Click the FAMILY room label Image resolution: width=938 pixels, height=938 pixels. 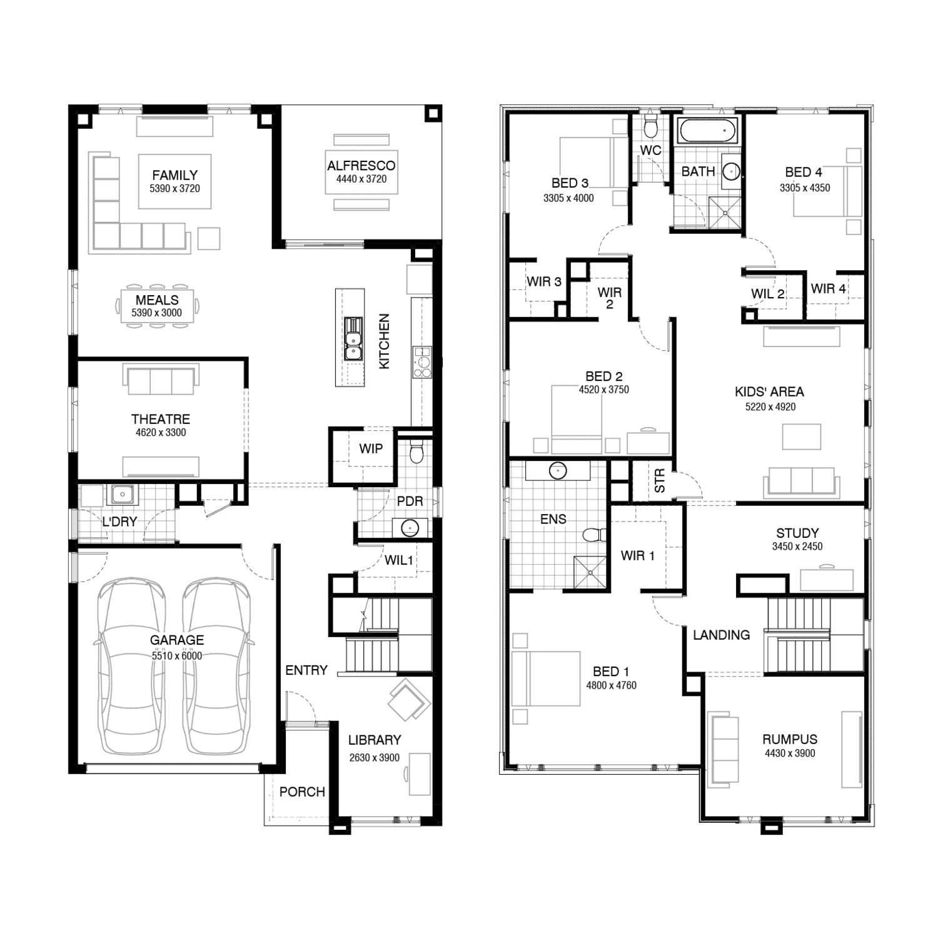[174, 175]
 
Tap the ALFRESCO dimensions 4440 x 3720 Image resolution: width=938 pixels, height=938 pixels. [361, 179]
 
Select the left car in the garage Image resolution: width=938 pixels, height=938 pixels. [131, 666]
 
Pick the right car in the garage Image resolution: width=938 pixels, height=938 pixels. [218, 666]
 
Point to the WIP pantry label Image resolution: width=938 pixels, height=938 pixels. [371, 448]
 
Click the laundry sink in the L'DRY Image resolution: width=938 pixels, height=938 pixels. [123, 495]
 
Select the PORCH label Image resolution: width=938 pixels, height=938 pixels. [302, 792]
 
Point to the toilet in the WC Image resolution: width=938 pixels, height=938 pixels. [651, 127]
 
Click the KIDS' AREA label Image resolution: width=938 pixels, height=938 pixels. [769, 392]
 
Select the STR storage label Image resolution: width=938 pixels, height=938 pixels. [660, 481]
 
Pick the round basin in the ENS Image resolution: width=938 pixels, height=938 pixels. [558, 470]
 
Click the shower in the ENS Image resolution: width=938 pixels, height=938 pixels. [590, 572]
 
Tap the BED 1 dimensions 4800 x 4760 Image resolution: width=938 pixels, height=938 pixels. [611, 685]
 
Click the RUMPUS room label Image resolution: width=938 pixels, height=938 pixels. [790, 739]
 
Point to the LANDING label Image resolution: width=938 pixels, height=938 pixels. [721, 635]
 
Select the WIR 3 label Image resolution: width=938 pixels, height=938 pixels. [544, 281]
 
